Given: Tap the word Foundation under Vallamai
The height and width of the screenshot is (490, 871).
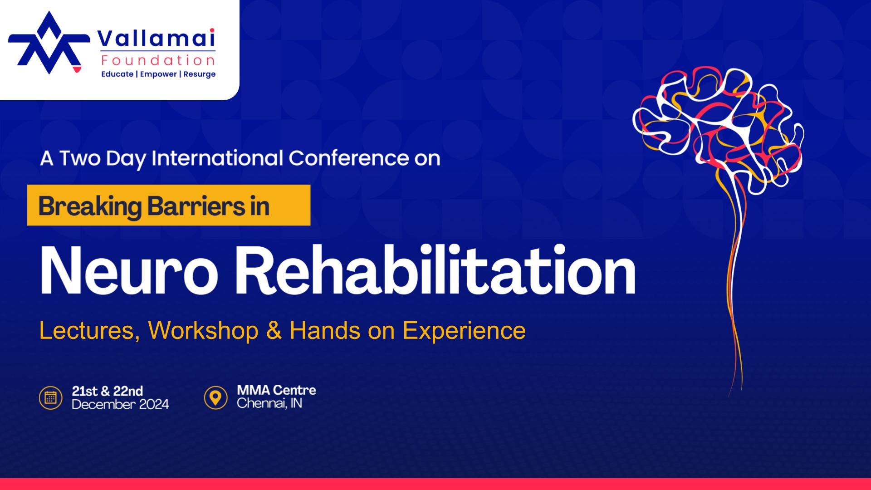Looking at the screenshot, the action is click(158, 60).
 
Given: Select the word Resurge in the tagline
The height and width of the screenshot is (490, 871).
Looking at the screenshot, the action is click(200, 74).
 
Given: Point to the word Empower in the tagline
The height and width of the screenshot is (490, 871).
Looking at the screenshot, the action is click(158, 74).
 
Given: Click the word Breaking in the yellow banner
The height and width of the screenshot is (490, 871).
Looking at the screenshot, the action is click(90, 206).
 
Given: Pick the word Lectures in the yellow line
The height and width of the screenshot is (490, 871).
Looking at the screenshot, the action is click(89, 330).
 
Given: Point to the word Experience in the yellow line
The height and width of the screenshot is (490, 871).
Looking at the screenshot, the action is click(464, 330).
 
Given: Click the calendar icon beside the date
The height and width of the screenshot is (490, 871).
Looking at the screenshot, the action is click(50, 398).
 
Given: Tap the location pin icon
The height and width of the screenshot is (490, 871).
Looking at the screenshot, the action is click(215, 398).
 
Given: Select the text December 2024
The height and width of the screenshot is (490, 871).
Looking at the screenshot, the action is click(120, 404).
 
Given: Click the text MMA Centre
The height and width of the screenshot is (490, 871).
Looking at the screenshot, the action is click(276, 390).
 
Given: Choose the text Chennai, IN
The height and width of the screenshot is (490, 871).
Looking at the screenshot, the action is click(269, 403).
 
